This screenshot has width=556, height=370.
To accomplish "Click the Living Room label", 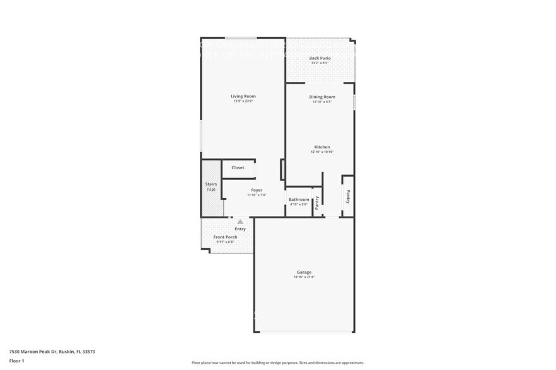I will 243,96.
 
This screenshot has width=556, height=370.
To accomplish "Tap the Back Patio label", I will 320,58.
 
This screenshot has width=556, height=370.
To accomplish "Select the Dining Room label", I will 321,97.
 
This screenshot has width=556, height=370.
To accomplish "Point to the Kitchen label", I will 321,147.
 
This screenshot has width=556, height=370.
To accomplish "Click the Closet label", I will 238,167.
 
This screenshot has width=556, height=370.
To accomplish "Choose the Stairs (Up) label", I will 211,186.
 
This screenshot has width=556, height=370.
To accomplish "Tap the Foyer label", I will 257,190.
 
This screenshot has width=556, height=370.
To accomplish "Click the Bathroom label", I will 299,199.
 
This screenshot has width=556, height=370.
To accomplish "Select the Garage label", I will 304,272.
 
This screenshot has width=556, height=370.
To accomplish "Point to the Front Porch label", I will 225,237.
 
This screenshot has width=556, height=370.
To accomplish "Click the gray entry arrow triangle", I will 240,221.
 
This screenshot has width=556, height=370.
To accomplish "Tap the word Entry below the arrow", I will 240,229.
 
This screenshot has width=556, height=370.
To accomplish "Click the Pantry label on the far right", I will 347,196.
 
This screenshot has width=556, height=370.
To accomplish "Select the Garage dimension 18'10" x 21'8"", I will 304,277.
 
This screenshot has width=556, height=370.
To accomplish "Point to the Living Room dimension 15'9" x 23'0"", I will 243,101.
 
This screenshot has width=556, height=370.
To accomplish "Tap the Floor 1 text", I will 16,361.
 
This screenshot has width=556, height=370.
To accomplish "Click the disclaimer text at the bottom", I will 277,363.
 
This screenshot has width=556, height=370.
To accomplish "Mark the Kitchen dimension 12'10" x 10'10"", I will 321,152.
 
